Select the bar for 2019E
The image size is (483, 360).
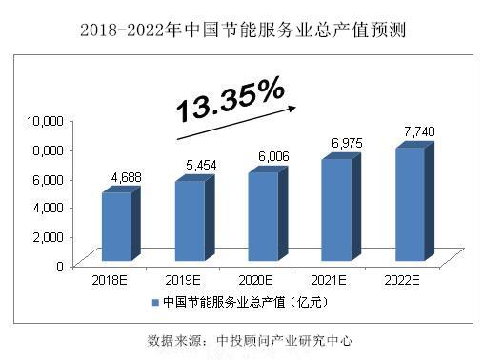189,219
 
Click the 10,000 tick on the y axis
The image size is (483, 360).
45,120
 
